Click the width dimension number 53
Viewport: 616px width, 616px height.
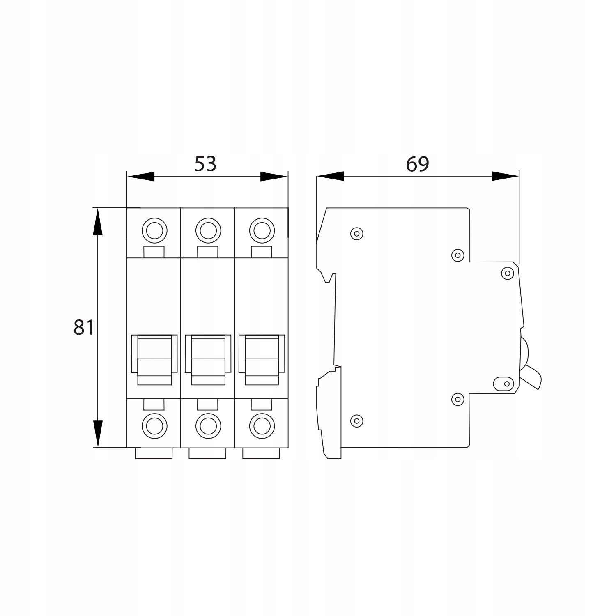205,164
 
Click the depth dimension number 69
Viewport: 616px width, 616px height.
417,164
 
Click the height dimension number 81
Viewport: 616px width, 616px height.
84,328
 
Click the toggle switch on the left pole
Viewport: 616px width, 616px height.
154,360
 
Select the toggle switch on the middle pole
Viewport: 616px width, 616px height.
208,360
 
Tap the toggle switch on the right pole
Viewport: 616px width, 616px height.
262,360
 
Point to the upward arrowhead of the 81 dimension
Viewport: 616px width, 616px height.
98,222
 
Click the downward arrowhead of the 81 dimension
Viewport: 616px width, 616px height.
98,433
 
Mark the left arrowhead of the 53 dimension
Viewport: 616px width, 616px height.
141,177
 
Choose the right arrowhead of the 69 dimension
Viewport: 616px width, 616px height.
505,177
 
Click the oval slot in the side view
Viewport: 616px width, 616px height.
503,384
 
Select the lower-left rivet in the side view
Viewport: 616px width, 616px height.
356,420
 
